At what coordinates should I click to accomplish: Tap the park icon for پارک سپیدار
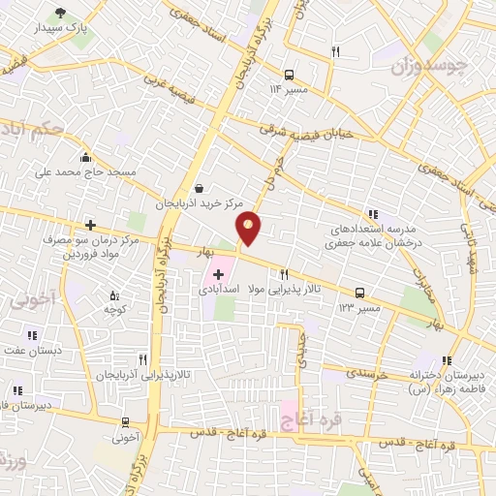coord(61,14)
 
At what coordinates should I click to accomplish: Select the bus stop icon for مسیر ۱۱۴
coord(289,74)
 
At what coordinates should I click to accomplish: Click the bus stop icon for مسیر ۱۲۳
coord(360,292)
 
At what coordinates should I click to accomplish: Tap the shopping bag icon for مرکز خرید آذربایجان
coord(199,188)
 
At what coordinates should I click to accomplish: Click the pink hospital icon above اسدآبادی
coord(218,274)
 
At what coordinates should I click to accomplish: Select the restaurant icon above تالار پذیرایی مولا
coord(284,274)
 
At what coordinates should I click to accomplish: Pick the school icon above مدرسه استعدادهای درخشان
coord(372,214)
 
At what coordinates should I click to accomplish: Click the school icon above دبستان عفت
coord(33,335)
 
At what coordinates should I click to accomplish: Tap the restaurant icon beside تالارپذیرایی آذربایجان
coord(143,358)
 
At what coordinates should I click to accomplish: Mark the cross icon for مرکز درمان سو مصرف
coord(90,225)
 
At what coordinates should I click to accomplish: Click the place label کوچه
coord(116,308)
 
